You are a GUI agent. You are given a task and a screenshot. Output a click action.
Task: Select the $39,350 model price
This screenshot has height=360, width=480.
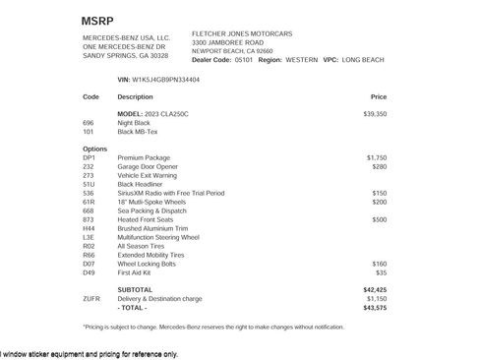tap(375, 114)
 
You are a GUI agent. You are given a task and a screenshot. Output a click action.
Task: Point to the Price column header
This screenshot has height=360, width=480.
tap(379, 97)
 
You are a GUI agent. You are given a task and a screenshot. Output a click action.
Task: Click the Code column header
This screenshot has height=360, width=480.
tap(91, 97)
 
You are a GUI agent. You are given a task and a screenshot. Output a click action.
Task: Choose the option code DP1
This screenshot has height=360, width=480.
tap(90, 157)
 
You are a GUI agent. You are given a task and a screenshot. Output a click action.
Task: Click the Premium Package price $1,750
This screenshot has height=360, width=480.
tap(377, 157)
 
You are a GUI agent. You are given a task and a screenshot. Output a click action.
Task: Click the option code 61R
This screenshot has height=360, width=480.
tap(90, 202)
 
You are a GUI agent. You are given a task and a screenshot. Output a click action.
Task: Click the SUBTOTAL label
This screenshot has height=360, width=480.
tap(135, 290)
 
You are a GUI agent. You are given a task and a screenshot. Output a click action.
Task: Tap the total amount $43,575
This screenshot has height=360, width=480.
tap(375, 308)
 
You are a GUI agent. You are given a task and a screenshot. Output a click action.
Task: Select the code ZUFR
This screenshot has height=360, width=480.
tap(91, 299)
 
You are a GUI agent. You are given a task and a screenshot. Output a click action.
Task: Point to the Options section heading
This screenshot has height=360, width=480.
tap(95, 149)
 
